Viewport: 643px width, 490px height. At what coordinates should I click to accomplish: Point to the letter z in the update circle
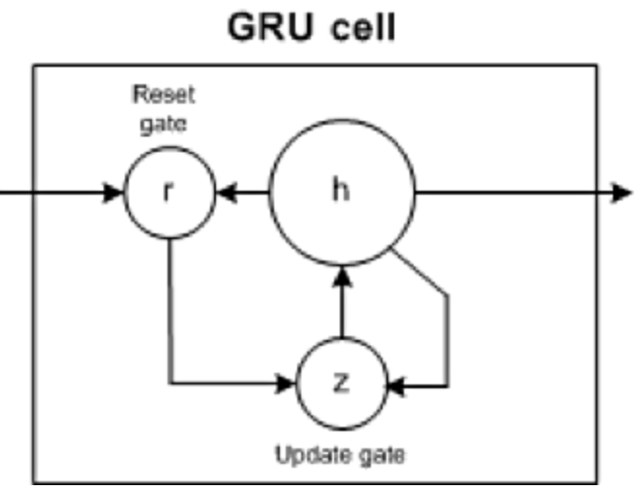pos(339,383)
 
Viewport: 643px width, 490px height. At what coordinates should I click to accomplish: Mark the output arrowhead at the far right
pos(622,193)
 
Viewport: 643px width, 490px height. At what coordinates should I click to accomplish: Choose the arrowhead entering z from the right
pos(395,387)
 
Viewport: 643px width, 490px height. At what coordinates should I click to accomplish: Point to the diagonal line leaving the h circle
pos(418,273)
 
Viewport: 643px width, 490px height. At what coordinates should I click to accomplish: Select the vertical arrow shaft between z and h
pos(341,312)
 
